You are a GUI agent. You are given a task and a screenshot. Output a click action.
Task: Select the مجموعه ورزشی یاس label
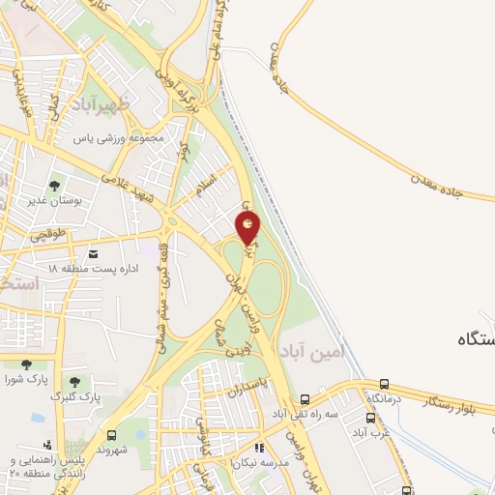[125, 137]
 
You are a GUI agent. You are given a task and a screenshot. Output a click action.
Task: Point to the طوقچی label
[47, 234]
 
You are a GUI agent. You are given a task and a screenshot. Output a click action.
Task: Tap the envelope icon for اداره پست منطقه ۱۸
[93, 254]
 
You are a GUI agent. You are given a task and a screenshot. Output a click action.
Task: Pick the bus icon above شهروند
[112, 435]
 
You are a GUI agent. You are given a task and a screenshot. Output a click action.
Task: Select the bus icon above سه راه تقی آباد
[306, 398]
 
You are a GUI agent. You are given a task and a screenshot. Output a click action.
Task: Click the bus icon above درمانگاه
[385, 384]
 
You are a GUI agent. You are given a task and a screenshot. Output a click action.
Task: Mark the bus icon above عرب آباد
[370, 420]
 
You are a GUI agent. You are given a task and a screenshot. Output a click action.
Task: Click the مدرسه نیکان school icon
[258, 448]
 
